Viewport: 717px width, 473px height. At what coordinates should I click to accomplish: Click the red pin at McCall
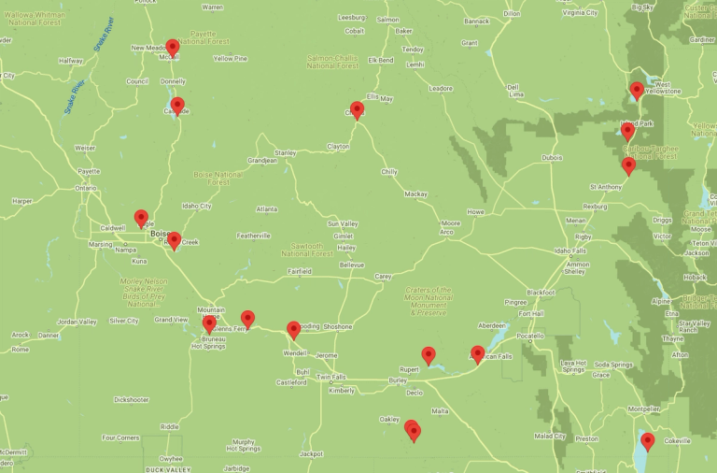pyautogui.click(x=172, y=48)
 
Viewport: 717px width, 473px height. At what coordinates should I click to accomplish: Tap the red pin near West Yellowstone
pyautogui.click(x=637, y=91)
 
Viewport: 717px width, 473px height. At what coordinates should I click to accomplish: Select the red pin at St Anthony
pyautogui.click(x=628, y=166)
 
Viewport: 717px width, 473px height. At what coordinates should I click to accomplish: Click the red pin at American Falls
pyautogui.click(x=478, y=354)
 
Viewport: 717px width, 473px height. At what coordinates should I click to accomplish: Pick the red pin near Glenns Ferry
pyautogui.click(x=247, y=320)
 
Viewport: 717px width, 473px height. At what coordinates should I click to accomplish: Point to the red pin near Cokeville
pyautogui.click(x=647, y=442)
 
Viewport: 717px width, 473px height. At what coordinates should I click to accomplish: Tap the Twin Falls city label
pyautogui.click(x=330, y=377)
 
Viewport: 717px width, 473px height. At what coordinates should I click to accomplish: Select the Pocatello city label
pyautogui.click(x=529, y=336)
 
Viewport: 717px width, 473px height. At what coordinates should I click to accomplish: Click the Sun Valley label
pyautogui.click(x=343, y=224)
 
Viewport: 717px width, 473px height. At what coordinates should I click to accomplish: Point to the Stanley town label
pyautogui.click(x=285, y=152)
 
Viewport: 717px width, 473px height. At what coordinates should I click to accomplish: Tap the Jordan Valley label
pyautogui.click(x=77, y=322)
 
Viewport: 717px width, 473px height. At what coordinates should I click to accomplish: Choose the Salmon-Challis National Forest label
pyautogui.click(x=332, y=62)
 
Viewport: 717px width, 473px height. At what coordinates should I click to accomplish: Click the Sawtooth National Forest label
pyautogui.click(x=307, y=250)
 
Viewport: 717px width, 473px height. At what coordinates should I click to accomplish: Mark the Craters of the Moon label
pyautogui.click(x=429, y=301)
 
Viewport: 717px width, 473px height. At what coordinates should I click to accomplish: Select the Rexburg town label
pyautogui.click(x=595, y=206)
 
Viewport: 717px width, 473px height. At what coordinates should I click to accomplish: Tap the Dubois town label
pyautogui.click(x=552, y=157)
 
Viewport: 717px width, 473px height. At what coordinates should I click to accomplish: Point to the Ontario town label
pyautogui.click(x=86, y=188)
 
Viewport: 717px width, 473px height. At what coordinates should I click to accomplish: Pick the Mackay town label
pyautogui.click(x=415, y=194)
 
